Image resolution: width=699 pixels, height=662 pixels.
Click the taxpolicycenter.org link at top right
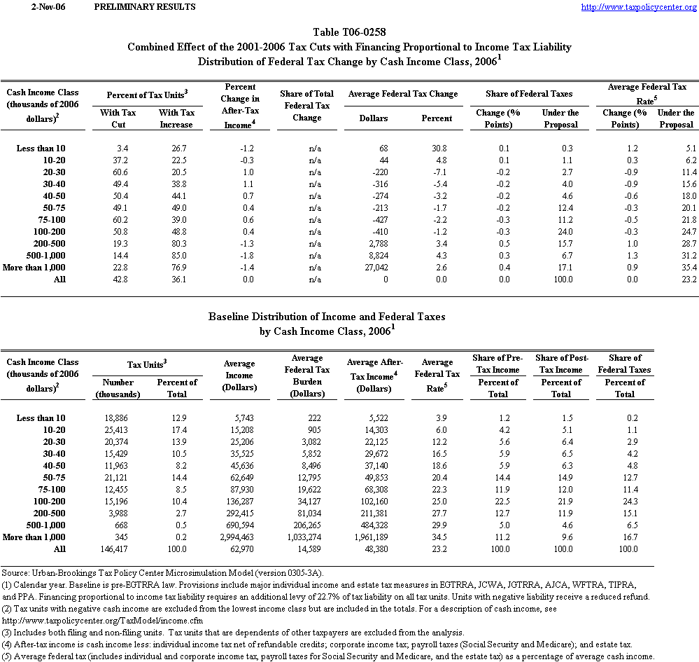[x=639, y=7]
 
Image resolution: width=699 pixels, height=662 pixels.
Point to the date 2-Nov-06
[x=34, y=7]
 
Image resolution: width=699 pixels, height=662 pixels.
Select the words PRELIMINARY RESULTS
[x=144, y=7]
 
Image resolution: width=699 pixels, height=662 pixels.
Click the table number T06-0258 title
[x=349, y=32]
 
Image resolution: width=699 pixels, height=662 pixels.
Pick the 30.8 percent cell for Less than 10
[x=442, y=148]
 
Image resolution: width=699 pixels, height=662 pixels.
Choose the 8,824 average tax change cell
[x=372, y=255]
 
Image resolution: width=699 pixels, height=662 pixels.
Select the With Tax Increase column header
[x=176, y=118]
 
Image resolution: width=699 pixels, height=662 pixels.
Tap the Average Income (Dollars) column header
[x=239, y=375]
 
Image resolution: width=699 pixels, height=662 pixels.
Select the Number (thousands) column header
[x=118, y=388]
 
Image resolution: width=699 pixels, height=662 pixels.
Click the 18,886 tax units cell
[x=114, y=418]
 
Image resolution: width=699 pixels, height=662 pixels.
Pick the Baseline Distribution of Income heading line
[x=327, y=317]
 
